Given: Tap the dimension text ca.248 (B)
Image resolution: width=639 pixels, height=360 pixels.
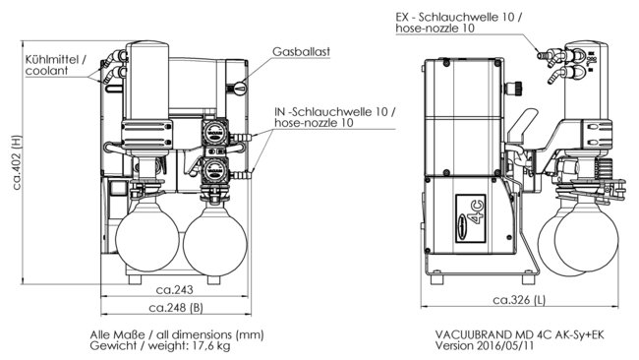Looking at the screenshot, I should (x=175, y=309).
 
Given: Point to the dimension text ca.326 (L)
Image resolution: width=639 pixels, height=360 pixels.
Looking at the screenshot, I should (x=522, y=299).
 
